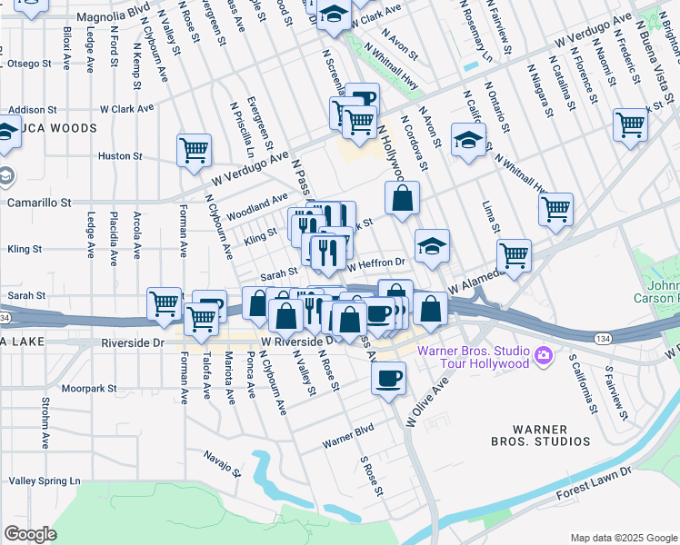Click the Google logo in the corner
pyautogui.click(x=30, y=534)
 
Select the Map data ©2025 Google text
pyautogui.click(x=623, y=537)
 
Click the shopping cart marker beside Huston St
pyautogui.click(x=194, y=151)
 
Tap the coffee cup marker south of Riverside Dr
pyautogui.click(x=388, y=377)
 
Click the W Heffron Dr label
pyautogui.click(x=375, y=263)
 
